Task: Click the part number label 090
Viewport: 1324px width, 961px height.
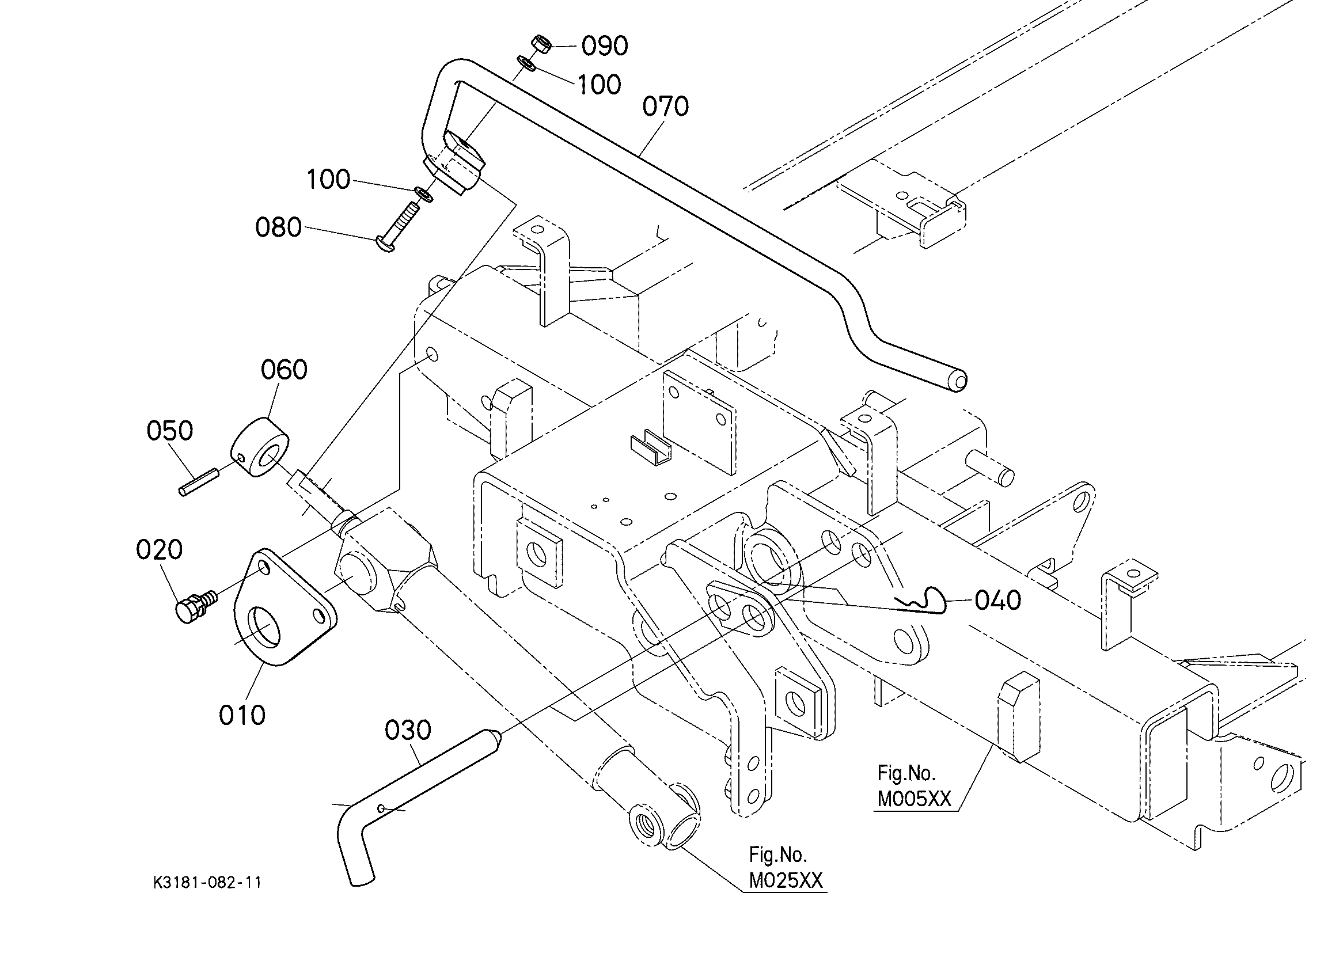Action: coord(605,46)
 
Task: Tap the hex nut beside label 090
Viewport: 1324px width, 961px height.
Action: coord(541,44)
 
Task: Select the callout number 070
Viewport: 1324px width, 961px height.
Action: coord(666,107)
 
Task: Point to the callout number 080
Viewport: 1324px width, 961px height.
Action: coord(279,227)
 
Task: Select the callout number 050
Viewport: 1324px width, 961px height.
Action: coord(170,431)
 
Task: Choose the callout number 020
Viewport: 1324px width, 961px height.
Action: coord(160,549)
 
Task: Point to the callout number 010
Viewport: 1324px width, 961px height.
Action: coord(242,715)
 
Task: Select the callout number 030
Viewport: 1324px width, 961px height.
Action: coord(408,730)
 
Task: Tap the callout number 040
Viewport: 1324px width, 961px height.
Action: coord(998,601)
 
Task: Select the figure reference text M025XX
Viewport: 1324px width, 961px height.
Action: coord(786,881)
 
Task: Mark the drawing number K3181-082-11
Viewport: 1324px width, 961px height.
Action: coord(208,883)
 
